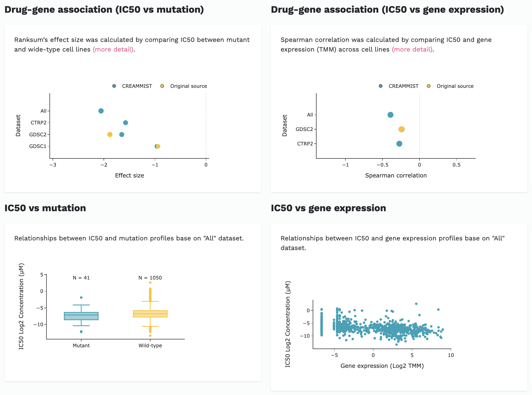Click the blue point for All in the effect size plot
click(x=101, y=111)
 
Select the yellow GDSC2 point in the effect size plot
click(x=110, y=135)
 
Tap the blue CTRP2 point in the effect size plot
click(x=125, y=123)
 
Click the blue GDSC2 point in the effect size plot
click(x=122, y=135)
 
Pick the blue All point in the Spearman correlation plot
click(x=390, y=115)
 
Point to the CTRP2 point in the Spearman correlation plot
click(x=399, y=144)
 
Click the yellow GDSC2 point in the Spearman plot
click(x=402, y=129)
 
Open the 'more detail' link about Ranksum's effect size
click(x=113, y=50)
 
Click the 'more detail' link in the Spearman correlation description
click(x=412, y=50)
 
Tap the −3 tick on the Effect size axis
click(x=53, y=165)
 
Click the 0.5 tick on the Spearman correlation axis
click(x=456, y=165)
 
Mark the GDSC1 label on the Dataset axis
click(x=38, y=146)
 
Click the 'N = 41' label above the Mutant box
click(x=81, y=278)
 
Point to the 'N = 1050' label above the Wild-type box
click(x=150, y=278)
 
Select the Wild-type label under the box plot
click(x=150, y=346)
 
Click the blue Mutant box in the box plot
click(x=81, y=316)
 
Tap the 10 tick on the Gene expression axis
click(x=451, y=355)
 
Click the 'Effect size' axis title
click(x=129, y=176)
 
